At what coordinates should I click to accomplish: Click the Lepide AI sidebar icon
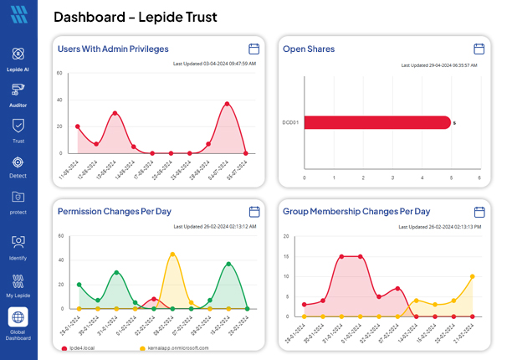(18, 54)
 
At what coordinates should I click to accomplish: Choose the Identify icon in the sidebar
(18, 242)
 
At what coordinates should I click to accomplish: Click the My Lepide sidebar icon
(18, 280)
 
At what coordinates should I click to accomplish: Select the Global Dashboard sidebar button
(18, 317)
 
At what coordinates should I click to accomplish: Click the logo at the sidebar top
(18, 15)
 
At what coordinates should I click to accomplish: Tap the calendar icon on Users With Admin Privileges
(254, 49)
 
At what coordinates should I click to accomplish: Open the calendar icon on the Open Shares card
(479, 49)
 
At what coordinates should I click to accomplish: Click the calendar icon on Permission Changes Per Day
(254, 212)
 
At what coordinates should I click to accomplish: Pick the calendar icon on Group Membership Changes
(479, 212)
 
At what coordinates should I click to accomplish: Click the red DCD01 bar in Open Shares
(376, 122)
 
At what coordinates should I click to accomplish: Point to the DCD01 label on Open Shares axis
(291, 122)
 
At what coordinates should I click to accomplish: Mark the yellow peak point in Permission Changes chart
(172, 254)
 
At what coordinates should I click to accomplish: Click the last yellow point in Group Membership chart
(473, 276)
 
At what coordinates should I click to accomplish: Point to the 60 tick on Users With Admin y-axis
(59, 74)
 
